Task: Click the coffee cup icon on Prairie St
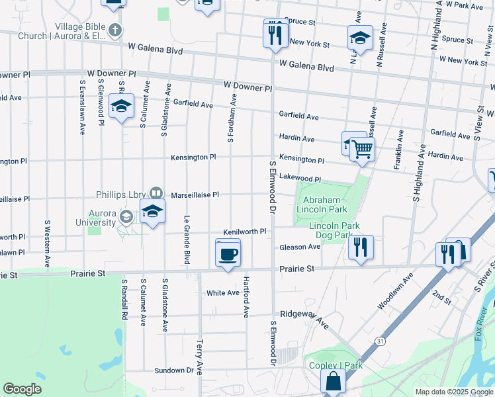(228, 255)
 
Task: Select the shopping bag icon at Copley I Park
(334, 381)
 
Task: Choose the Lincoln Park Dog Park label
(334, 230)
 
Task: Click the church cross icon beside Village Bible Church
(115, 30)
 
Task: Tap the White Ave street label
(222, 292)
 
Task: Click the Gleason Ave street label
(299, 247)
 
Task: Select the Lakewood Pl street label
(299, 179)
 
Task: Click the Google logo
(22, 389)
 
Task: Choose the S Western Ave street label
(47, 244)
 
